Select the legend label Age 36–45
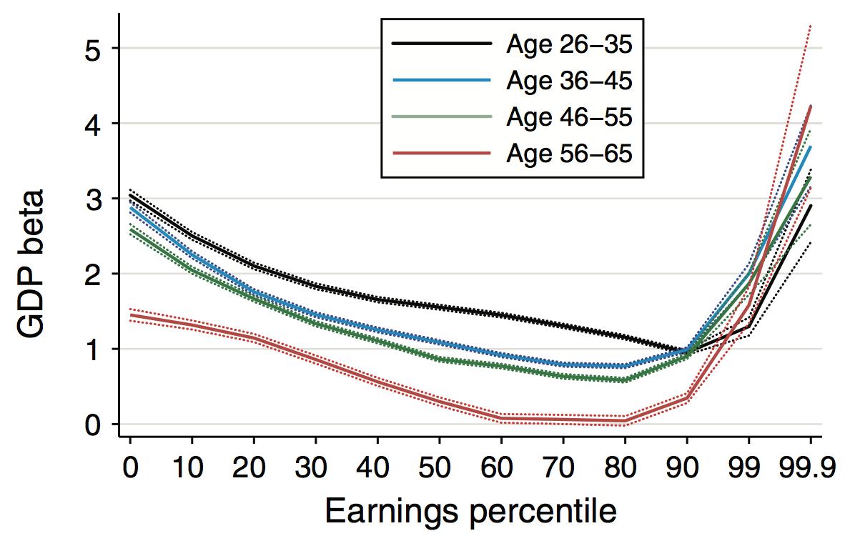(x=569, y=81)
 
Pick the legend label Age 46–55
(x=569, y=116)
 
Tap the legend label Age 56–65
(x=569, y=153)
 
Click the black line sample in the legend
(x=442, y=44)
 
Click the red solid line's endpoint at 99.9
(x=810, y=106)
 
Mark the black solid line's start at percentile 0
(x=130, y=195)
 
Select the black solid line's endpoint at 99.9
(x=810, y=206)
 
